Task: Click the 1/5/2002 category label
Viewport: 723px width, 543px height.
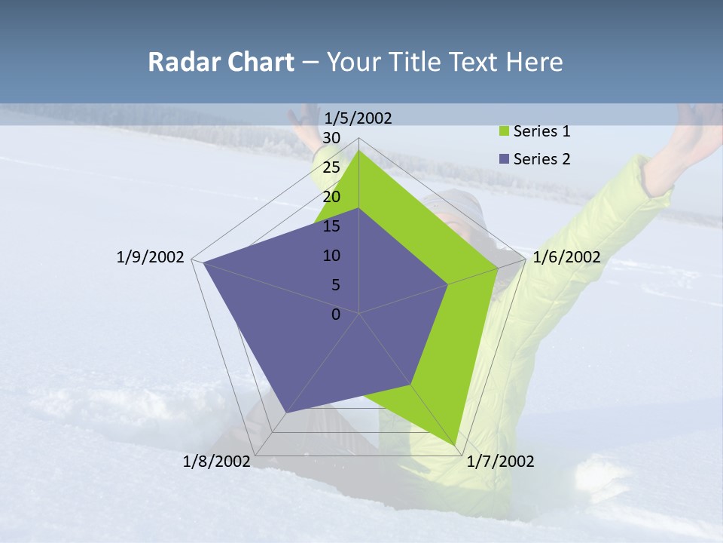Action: tap(358, 118)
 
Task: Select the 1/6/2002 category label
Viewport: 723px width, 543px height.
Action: tap(566, 257)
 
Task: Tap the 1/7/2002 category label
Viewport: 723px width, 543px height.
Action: tap(500, 462)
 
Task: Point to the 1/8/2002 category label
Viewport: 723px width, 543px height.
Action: tap(217, 462)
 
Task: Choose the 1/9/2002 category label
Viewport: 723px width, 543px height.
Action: tap(150, 257)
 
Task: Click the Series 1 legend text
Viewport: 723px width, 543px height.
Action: tap(541, 131)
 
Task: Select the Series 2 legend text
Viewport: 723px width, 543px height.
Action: tap(541, 159)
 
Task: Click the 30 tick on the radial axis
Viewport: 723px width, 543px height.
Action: tap(331, 138)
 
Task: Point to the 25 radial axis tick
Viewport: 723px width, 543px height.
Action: tap(331, 167)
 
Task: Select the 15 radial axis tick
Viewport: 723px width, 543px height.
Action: tap(331, 226)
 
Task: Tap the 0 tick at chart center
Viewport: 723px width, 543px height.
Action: tap(336, 314)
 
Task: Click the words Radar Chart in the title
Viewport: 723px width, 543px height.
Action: tap(221, 62)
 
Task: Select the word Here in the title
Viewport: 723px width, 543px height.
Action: tap(535, 62)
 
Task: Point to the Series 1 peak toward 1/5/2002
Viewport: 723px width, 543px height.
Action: tap(359, 151)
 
